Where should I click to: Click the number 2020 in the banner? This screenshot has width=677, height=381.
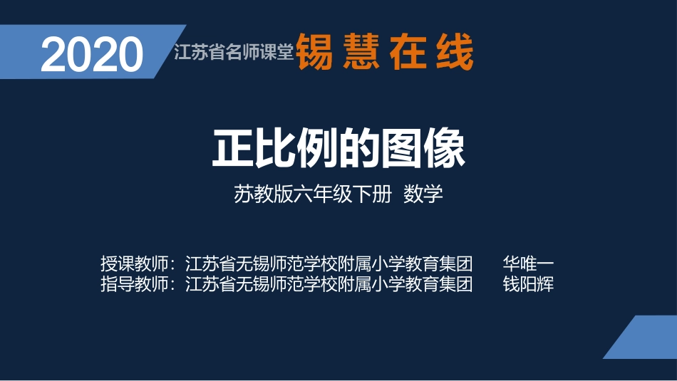point(92,54)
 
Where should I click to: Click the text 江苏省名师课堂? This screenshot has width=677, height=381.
point(234,53)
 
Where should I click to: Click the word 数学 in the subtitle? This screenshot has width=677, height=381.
point(423,194)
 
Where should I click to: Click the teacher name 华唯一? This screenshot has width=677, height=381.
point(528,263)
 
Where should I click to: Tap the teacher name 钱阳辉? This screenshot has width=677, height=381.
point(528,284)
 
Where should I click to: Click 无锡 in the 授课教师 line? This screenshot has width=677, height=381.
point(252,263)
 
